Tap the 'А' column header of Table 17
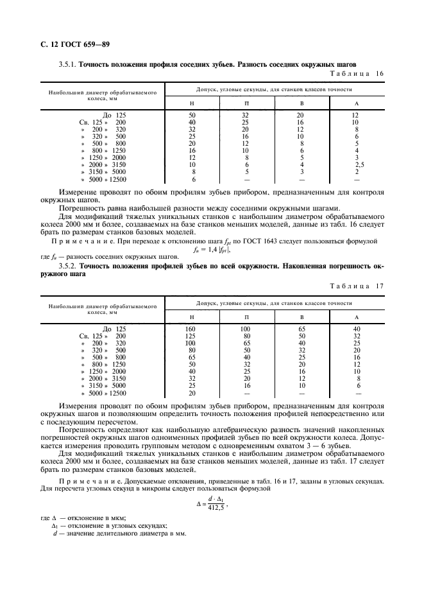357,317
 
